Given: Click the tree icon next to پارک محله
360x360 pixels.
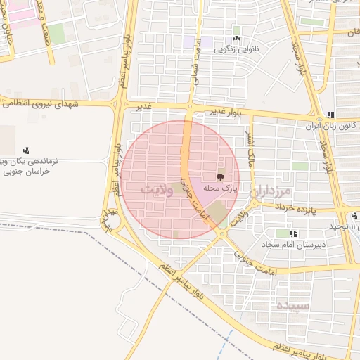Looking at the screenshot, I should [x=220, y=177].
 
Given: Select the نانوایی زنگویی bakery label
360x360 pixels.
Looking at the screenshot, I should [x=236, y=49].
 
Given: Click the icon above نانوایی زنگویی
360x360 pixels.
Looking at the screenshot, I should [x=236, y=39].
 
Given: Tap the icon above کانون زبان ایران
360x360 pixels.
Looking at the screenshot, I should [x=330, y=115].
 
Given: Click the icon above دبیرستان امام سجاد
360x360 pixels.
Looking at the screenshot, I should [x=292, y=233].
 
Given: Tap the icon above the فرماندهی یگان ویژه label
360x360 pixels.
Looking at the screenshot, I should [x=27, y=150].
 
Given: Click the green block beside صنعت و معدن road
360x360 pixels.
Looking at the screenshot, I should [x=56, y=32].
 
